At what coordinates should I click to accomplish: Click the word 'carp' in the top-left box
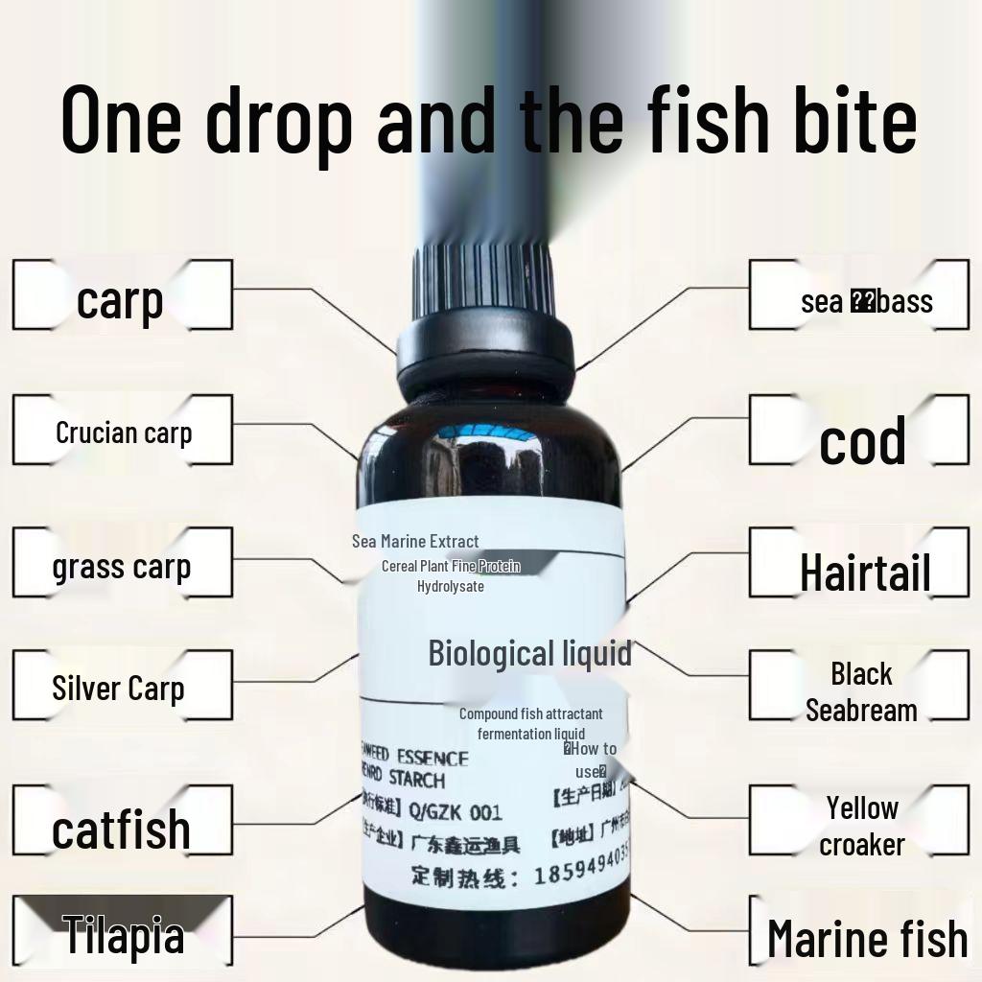pyautogui.click(x=120, y=300)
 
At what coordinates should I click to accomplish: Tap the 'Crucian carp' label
pyautogui.click(x=124, y=433)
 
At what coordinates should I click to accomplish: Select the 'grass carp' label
pyautogui.click(x=122, y=567)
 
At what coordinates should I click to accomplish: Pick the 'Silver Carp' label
pyautogui.click(x=118, y=688)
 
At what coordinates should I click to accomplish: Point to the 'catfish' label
pyautogui.click(x=121, y=829)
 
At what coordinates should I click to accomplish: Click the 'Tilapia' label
pyautogui.click(x=124, y=935)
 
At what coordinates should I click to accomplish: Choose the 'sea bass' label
pyautogui.click(x=866, y=301)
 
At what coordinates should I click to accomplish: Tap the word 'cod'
pyautogui.click(x=862, y=441)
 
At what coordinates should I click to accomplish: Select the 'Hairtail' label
pyautogui.click(x=865, y=573)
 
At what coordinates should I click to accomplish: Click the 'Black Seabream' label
pyautogui.click(x=861, y=691)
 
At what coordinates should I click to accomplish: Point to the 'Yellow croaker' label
pyautogui.click(x=862, y=826)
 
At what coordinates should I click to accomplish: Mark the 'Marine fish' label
pyautogui.click(x=867, y=938)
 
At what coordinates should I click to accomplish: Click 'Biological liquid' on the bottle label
pyautogui.click(x=529, y=653)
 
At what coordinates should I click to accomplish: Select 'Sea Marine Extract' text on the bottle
pyautogui.click(x=415, y=542)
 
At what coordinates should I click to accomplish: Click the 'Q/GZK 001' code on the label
pyautogui.click(x=455, y=812)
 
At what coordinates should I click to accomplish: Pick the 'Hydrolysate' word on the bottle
pyautogui.click(x=451, y=586)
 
